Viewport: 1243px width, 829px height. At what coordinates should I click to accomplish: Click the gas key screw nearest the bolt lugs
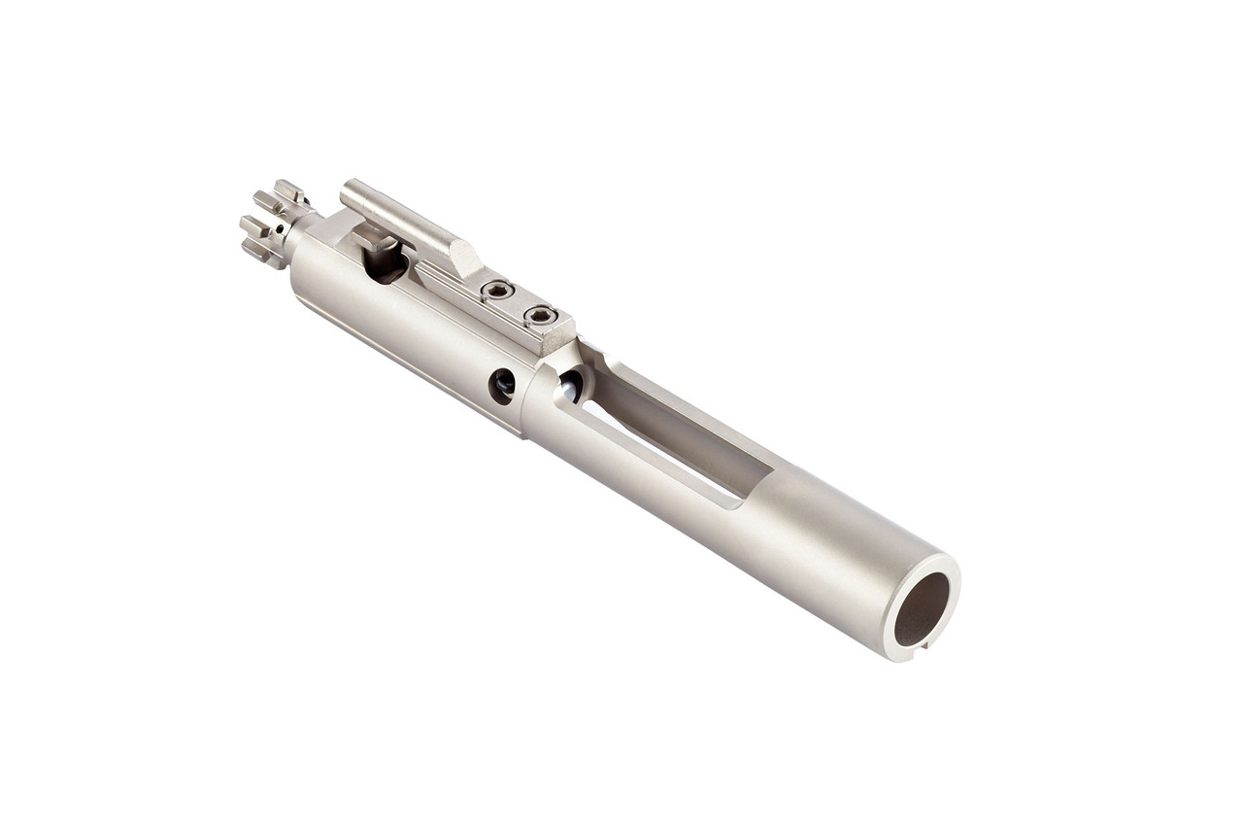[497, 289]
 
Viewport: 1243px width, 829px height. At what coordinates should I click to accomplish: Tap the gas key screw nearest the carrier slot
[539, 314]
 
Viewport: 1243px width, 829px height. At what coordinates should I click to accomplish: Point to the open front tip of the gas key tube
[347, 188]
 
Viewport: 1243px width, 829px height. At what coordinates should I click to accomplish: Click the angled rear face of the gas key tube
[465, 257]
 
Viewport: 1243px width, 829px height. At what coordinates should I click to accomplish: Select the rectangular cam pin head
[373, 237]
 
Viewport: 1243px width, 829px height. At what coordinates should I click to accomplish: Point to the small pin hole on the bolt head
[279, 229]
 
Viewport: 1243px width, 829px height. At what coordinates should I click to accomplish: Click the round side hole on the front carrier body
[502, 386]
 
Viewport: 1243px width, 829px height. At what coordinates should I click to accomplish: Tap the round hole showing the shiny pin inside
[570, 387]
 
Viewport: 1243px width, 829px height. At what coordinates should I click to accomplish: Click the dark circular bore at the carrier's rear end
[921, 608]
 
